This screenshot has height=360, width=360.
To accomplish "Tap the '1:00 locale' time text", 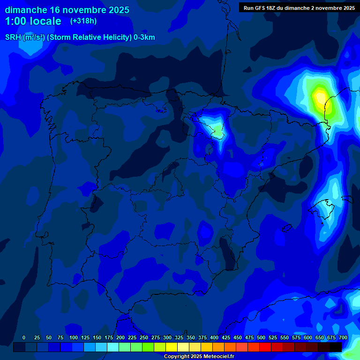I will (33, 21).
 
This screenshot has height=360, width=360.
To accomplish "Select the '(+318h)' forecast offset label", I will (83, 21).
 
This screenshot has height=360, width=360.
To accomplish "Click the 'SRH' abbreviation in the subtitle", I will (13, 37).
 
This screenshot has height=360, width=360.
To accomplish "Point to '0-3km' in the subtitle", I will (144, 37).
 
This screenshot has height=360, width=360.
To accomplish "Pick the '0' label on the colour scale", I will (24, 337).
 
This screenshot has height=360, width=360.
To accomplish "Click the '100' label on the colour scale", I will (74, 337).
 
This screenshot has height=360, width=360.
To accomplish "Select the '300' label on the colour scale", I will (167, 337).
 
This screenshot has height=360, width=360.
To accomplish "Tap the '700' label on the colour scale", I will (343, 337).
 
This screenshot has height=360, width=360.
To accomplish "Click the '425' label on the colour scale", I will (226, 337).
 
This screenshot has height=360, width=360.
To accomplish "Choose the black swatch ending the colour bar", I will (336, 347).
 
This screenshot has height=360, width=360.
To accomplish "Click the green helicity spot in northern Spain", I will (218, 131).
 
